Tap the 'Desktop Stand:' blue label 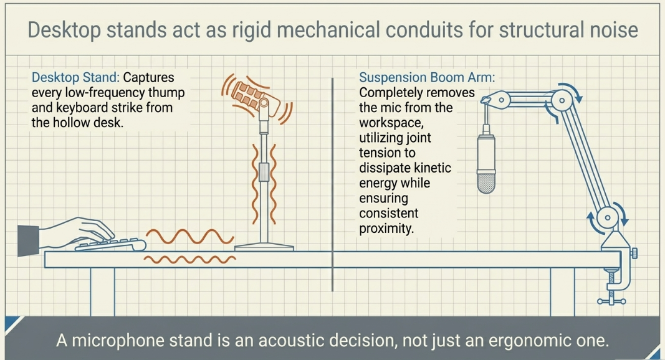coord(75,78)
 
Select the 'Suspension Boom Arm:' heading coord(427,78)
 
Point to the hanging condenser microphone coord(486,163)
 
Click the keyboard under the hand coord(110,245)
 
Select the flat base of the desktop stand coord(264,247)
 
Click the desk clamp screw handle coord(611,301)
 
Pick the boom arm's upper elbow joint coord(562,100)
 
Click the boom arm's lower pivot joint coord(607,218)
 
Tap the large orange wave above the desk coord(190,237)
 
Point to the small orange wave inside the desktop coord(190,259)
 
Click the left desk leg coord(102,291)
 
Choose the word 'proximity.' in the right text coord(386,229)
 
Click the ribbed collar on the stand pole coord(264,172)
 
